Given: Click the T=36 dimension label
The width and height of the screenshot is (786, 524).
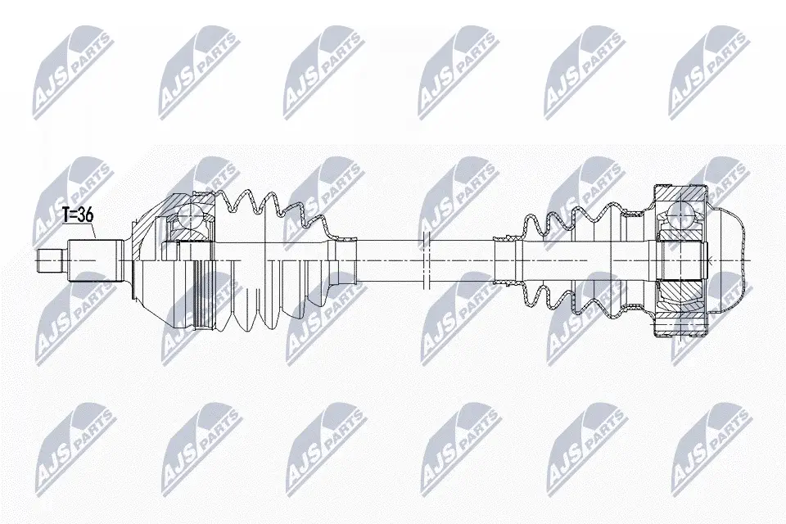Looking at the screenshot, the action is (78, 215).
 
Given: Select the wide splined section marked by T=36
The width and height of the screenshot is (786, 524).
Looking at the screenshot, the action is (94, 260).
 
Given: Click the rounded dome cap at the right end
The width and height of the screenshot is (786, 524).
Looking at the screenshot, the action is (727, 260).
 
